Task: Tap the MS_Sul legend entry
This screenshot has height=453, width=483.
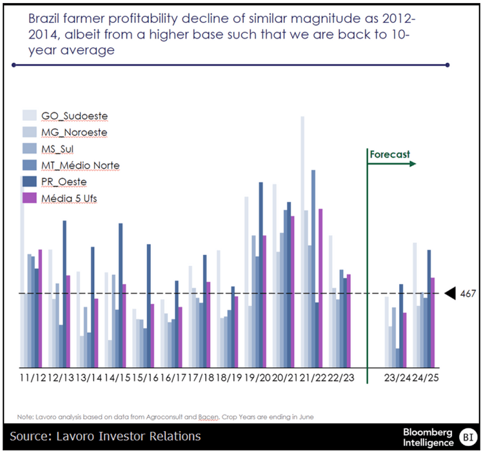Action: coord(59,148)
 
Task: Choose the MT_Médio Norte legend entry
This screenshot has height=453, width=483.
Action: coord(80,164)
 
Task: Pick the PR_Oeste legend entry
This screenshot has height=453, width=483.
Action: coord(64,181)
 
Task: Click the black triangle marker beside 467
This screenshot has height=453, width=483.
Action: coord(450,294)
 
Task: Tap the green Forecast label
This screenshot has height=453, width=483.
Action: coord(389,154)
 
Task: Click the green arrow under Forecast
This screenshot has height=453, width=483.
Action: coord(392,163)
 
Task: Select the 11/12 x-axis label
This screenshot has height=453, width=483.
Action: coord(33,377)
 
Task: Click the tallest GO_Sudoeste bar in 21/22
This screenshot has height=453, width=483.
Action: coord(302,242)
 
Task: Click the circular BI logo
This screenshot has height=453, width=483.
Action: coord(467,436)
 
